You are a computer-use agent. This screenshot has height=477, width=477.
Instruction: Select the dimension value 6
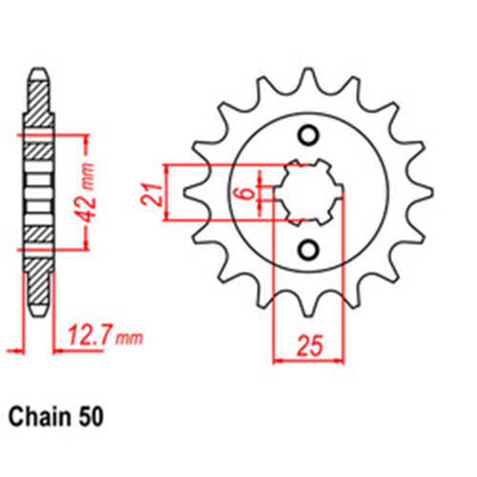pyautogui.click(x=245, y=193)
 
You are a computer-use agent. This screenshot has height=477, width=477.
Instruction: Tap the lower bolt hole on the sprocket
pyautogui.click(x=307, y=251)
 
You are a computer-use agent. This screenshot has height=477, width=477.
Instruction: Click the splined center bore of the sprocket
pyautogui.click(x=306, y=192)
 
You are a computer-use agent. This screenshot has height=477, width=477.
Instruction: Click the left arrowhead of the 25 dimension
pyautogui.click(x=278, y=361)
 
